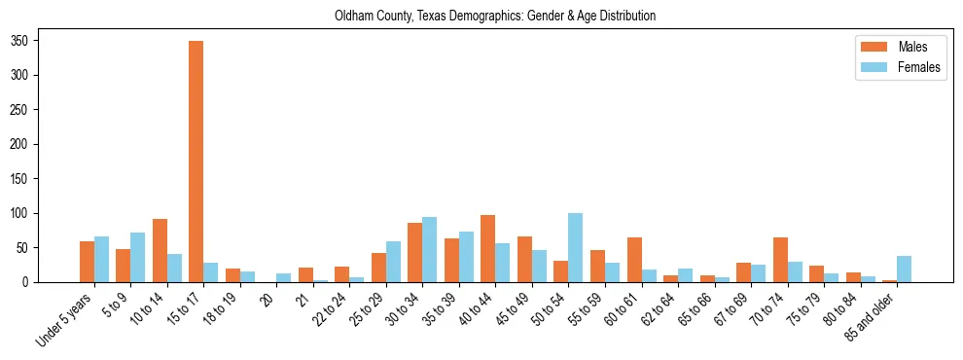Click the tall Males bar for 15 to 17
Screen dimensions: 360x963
pos(196,162)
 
